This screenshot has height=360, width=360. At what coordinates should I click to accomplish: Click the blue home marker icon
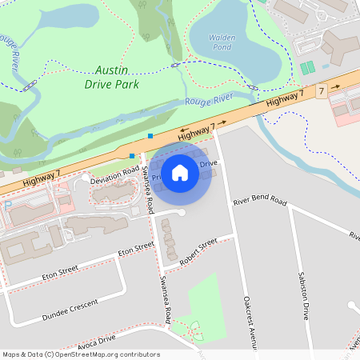pyautogui.click(x=180, y=172)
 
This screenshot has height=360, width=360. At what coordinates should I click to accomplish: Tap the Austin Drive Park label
pyautogui.click(x=112, y=77)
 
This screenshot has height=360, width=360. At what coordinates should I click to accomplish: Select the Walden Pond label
pyautogui.click(x=222, y=42)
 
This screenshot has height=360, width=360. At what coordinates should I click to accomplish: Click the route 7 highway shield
pyautogui.click(x=321, y=93)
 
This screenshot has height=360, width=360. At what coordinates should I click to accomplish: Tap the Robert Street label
pyautogui.click(x=198, y=253)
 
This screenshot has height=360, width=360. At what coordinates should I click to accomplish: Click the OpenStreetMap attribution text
pyautogui.click(x=81, y=354)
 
